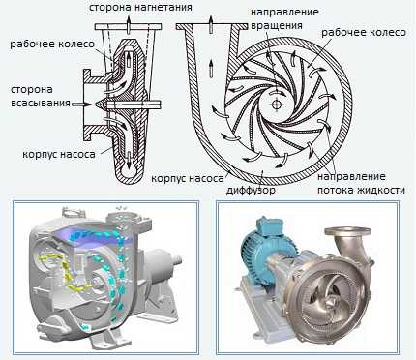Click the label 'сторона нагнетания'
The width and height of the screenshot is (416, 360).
point(140,7)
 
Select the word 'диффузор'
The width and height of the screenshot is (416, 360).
point(251,190)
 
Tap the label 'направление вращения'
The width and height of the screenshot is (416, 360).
point(284,18)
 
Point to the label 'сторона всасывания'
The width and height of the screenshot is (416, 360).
point(41,96)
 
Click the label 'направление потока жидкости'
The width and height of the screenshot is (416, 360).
point(361,183)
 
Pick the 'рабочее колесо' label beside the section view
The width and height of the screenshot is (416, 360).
point(52,44)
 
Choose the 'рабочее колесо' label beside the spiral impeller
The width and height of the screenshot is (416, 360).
point(364,32)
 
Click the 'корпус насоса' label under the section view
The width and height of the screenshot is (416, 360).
point(59,154)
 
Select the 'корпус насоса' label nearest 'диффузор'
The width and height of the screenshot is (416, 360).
point(188,178)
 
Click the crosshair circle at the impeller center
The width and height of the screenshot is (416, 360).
point(276,104)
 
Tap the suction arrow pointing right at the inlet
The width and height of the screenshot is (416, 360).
point(82,105)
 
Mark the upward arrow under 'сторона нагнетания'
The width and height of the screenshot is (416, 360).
point(129,25)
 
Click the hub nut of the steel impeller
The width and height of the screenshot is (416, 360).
point(332,302)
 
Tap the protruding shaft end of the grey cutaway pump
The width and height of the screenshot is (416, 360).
point(177,259)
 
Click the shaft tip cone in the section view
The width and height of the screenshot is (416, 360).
point(101,104)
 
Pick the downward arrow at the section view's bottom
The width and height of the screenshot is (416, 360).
point(129,161)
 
